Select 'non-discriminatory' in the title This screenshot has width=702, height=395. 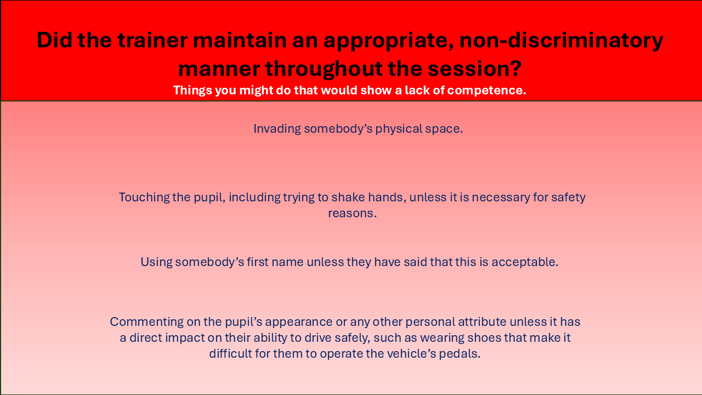[561, 41]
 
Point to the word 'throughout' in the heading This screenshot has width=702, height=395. [324, 69]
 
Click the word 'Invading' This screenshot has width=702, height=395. [277, 129]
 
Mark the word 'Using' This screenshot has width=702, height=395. [156, 262]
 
